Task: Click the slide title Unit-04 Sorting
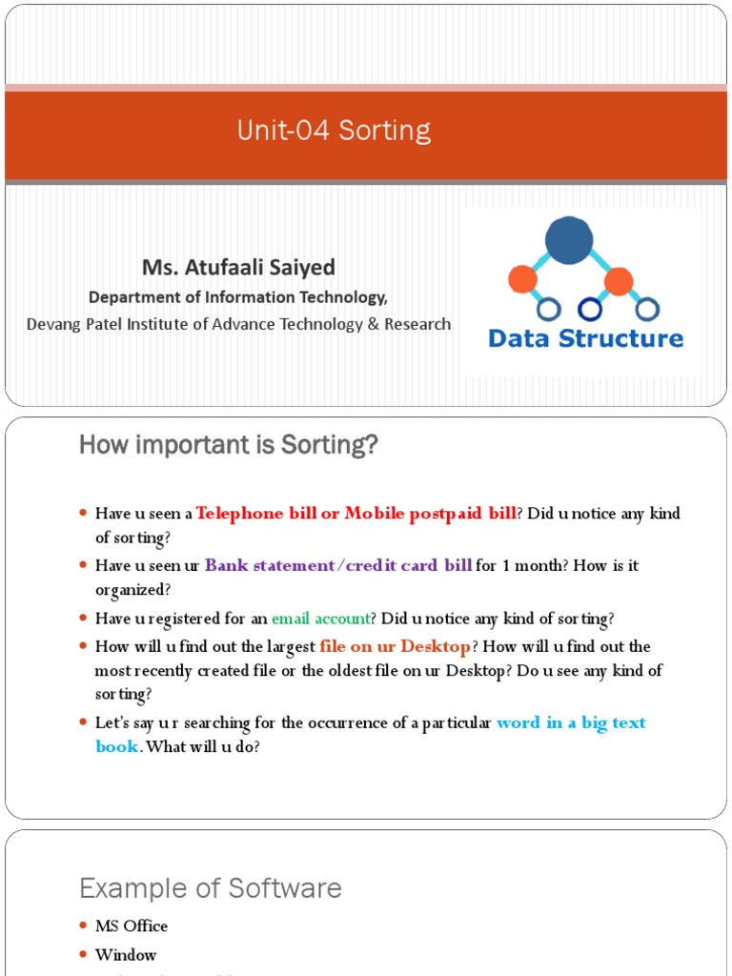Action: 334,131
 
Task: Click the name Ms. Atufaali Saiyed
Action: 238,267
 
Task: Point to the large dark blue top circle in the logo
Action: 569,240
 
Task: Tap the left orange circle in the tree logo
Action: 522,279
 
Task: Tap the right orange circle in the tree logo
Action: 619,281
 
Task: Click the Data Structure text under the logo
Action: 585,338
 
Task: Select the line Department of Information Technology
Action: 238,296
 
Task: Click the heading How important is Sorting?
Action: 228,445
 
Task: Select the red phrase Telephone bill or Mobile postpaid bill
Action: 356,514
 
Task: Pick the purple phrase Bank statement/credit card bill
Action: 338,565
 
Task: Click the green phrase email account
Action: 320,618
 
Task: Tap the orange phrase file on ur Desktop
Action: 395,646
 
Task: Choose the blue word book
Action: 117,746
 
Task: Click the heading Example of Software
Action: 210,888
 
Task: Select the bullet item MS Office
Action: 132,925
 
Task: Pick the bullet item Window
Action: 126,954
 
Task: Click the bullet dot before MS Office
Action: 83,925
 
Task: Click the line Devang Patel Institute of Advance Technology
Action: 238,324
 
